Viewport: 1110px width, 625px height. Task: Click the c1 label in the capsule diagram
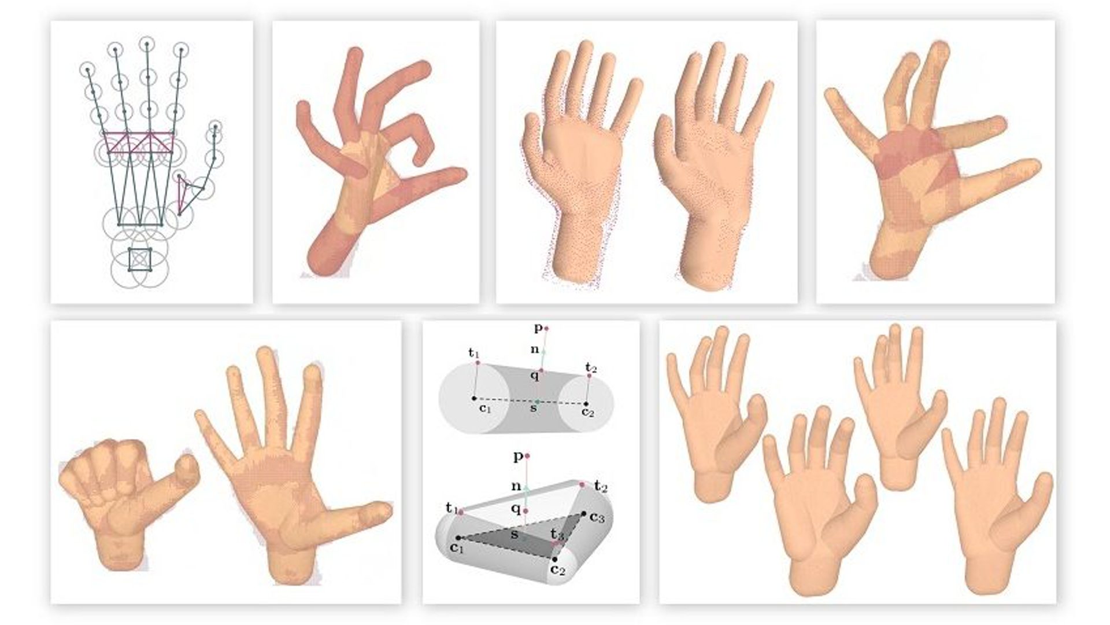[x=485, y=409]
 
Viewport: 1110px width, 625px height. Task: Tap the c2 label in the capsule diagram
[x=588, y=412]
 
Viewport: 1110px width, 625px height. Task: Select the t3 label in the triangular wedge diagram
[x=557, y=533]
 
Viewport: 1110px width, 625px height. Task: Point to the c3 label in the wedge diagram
[x=597, y=518]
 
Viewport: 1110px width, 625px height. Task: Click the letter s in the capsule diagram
[x=534, y=409]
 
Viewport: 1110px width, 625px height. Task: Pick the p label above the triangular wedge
[x=519, y=457]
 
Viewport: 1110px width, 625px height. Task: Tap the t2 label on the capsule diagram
[x=591, y=367]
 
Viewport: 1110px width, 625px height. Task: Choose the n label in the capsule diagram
[x=535, y=349]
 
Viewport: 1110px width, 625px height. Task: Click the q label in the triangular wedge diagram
[x=516, y=509]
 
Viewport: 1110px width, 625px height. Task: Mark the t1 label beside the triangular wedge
[x=452, y=508]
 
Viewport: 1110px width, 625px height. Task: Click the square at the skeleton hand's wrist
[x=139, y=259]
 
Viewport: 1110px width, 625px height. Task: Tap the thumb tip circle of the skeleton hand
[x=215, y=126]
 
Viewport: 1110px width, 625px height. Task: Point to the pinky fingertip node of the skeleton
[x=87, y=69]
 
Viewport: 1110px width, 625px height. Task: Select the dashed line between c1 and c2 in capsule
[x=530, y=402]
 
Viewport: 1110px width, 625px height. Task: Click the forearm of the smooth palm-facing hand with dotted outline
[x=578, y=249]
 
